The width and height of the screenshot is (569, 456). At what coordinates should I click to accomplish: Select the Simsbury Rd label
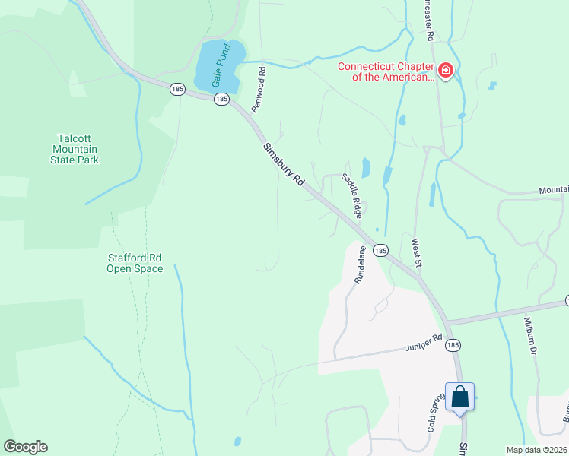(x=284, y=166)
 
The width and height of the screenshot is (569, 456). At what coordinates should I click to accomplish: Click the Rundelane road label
(x=360, y=264)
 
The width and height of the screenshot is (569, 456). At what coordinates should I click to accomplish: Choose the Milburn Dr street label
(x=530, y=337)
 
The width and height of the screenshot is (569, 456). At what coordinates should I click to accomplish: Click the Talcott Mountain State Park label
(x=78, y=149)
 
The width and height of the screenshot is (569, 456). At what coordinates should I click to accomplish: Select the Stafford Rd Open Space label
(x=135, y=263)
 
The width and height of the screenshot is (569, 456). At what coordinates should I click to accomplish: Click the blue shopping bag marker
(x=459, y=397)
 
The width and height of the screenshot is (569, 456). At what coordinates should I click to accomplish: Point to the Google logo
(x=25, y=447)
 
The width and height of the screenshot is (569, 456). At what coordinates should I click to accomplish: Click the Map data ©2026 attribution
(x=537, y=450)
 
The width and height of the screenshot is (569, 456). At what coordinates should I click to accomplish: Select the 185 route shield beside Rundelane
(x=382, y=250)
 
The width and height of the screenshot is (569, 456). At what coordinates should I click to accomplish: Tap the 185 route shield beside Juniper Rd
(x=453, y=345)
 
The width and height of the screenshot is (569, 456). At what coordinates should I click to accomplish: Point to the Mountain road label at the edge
(x=554, y=189)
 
